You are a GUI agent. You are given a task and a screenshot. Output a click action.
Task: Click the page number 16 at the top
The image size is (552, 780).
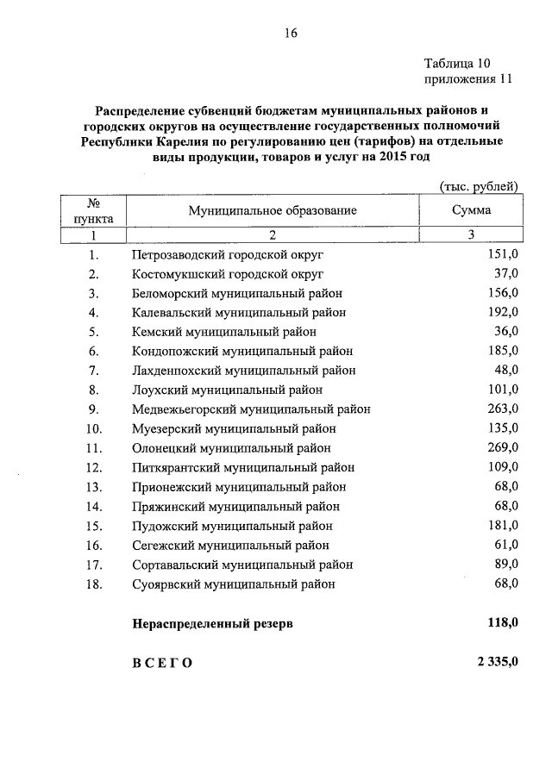[291, 34]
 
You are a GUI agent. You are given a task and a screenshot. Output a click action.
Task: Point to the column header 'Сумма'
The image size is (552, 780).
[471, 209]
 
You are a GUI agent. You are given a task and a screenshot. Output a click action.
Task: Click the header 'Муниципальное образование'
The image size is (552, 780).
[272, 209]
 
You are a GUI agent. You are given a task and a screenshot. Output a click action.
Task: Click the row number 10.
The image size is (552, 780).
[94, 428]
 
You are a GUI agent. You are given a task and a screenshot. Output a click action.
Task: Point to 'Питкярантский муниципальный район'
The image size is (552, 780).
[243, 467]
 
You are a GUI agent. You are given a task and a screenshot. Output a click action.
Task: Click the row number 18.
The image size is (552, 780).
[94, 583]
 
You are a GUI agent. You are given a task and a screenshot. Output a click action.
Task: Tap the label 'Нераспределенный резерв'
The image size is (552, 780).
[212, 624]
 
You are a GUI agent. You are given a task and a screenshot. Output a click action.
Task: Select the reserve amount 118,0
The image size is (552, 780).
[500, 623]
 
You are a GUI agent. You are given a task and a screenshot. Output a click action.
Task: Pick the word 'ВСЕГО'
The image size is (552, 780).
[163, 663]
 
